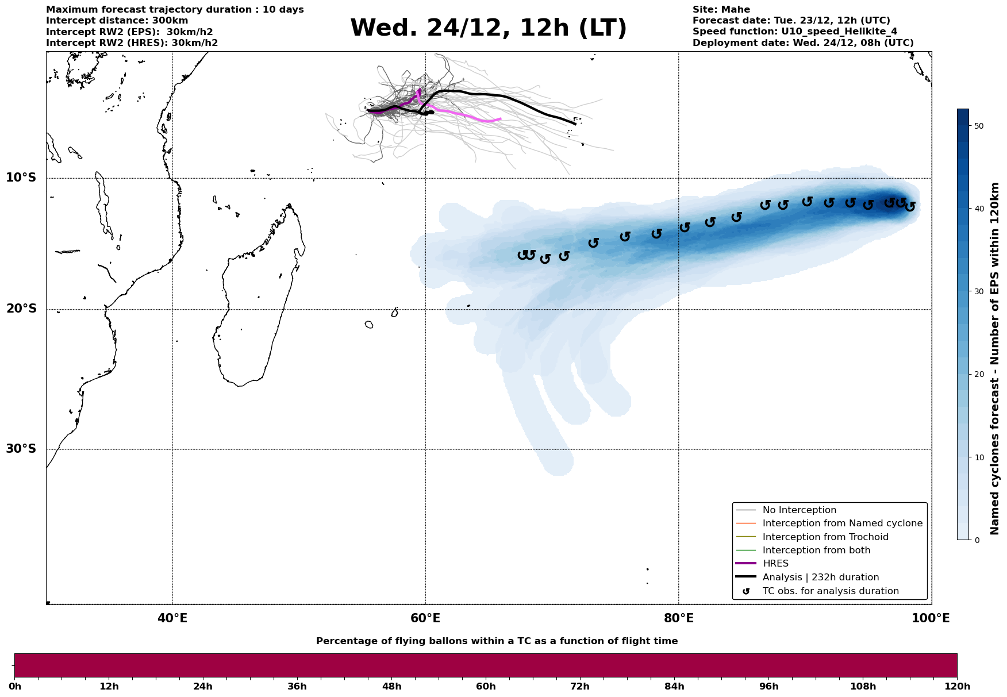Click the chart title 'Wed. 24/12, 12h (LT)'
pos(488,28)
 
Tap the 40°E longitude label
pos(172,618)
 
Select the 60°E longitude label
pos(425,618)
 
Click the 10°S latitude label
pos(21,178)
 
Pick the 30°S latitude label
pos(21,449)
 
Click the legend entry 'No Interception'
pos(799,510)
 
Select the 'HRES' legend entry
pos(775,564)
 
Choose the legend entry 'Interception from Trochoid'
pos(825,537)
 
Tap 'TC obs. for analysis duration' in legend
pos(830,591)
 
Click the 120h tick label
pos(956,686)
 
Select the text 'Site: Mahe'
pos(721,10)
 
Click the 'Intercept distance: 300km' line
pos(117,21)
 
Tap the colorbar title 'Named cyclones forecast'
pos(995,359)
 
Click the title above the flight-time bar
pos(497,641)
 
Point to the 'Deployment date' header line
pos(802,43)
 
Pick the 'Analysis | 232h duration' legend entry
pos(820,577)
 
